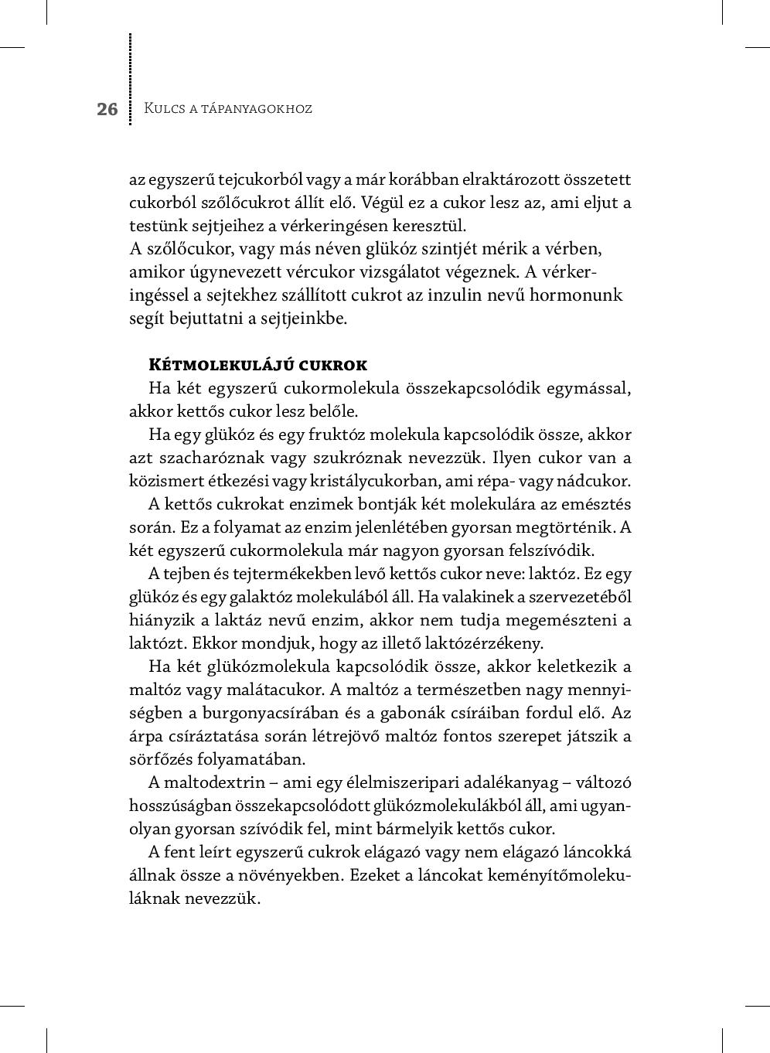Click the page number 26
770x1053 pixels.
107,109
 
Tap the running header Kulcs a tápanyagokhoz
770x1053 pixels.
228,108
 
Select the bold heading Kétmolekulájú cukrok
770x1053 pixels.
258,365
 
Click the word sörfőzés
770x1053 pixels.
157,759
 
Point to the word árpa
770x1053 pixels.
145,736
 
